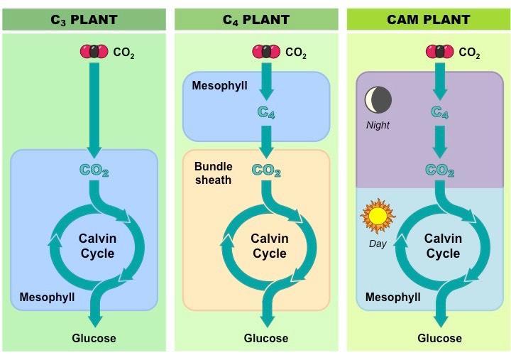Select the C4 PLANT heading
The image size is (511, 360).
(256, 19)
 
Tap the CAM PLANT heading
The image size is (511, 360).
(428, 19)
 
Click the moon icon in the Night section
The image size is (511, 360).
(378, 101)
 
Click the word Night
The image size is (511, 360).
(378, 125)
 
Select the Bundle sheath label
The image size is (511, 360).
(213, 173)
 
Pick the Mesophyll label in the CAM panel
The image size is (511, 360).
(392, 296)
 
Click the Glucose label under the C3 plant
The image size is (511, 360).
(94, 338)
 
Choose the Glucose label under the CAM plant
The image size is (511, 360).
(439, 338)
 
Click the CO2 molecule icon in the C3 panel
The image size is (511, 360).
(94, 52)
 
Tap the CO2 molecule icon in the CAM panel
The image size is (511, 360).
(440, 52)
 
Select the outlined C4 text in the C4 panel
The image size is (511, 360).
(265, 112)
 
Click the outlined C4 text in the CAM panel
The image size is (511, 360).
(439, 112)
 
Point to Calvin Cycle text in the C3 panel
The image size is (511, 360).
(98, 246)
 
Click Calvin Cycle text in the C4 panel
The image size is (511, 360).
(269, 246)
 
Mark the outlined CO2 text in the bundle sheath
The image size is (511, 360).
(266, 170)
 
